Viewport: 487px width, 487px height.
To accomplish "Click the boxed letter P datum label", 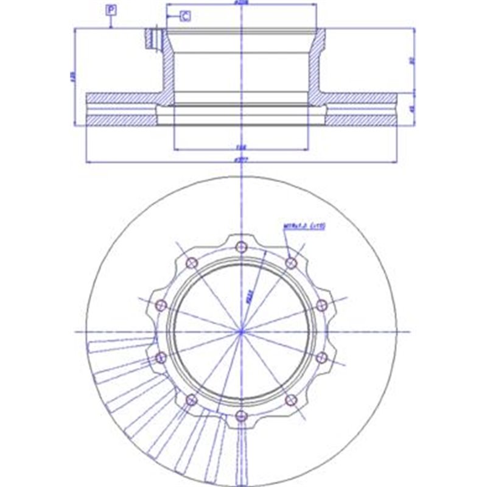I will click(x=111, y=9).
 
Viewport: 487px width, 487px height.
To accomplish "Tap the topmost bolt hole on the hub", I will click(x=242, y=246).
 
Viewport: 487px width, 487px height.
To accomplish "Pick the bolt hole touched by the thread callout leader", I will click(x=291, y=262).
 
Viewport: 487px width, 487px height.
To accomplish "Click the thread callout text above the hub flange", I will click(x=305, y=226).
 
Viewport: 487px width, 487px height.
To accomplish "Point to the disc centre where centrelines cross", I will click(x=242, y=331).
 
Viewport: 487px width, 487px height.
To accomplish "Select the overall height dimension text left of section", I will click(x=72, y=77).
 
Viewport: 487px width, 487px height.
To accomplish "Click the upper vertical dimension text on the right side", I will click(x=412, y=60).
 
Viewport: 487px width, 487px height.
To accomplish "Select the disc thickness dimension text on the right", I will click(x=412, y=110).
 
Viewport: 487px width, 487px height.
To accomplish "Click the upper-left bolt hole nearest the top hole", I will click(x=192, y=262).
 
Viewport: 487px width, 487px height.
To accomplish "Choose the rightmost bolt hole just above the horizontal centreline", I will click(x=322, y=304).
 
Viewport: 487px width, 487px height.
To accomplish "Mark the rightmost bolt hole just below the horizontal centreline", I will click(x=322, y=357).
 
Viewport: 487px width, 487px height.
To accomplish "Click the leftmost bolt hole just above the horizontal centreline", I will click(x=161, y=304).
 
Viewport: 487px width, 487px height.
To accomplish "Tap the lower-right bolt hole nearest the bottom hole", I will click(x=291, y=399).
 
